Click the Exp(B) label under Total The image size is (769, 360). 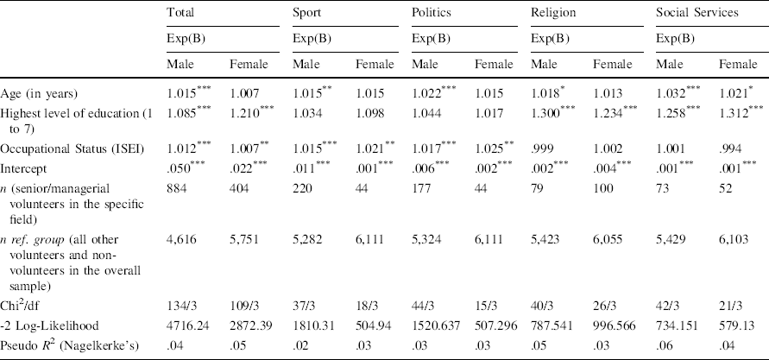point(185,39)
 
